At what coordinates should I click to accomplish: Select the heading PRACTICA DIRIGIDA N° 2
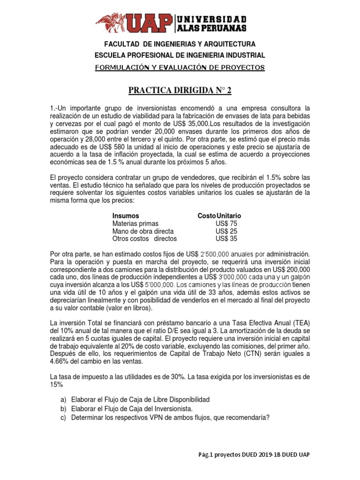180,91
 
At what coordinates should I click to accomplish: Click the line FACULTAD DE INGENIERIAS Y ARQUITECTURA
180,44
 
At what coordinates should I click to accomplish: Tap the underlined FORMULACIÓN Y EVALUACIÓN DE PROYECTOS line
180,67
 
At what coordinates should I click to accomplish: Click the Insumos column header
126,216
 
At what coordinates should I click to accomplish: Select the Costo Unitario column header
219,216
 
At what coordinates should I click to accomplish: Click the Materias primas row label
135,224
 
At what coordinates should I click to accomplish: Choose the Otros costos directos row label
144,239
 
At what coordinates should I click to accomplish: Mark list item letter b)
63,409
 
